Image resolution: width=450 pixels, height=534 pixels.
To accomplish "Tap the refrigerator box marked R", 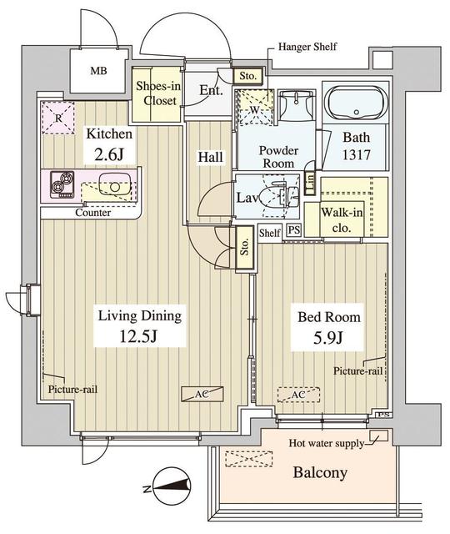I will [x=57, y=116].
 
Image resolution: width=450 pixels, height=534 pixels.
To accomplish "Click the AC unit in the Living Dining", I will [x=201, y=391].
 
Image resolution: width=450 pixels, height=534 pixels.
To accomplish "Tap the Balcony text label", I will [x=319, y=472].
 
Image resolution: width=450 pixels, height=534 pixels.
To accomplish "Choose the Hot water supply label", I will [x=326, y=443].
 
